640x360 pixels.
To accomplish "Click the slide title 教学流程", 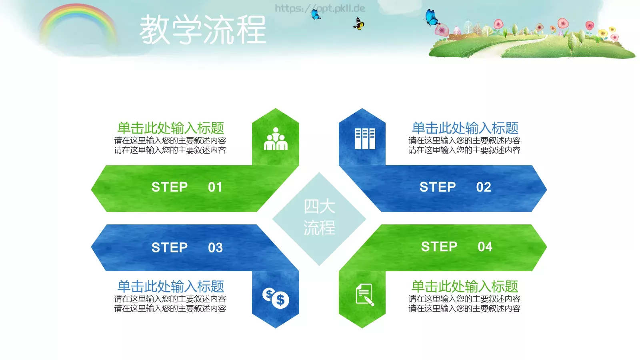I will (x=202, y=30).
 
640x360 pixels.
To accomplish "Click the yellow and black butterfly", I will (x=359, y=24).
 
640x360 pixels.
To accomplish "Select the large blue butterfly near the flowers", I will (x=431, y=18).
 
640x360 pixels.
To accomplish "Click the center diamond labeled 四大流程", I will (x=319, y=218).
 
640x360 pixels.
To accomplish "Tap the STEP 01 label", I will (x=186, y=187).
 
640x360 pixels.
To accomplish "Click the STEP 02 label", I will (x=455, y=187).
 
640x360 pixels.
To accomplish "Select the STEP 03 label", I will (x=186, y=248).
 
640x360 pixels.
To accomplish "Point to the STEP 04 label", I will (x=456, y=247).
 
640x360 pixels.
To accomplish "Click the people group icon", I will (x=276, y=139).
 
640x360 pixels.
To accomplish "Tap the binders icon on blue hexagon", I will (x=365, y=139).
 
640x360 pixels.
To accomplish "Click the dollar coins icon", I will (x=276, y=298).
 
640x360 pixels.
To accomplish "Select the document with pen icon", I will (x=364, y=295).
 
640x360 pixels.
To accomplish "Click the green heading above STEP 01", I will (x=170, y=128).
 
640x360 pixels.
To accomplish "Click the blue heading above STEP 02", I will (x=465, y=128).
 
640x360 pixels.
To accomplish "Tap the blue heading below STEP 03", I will (x=170, y=286).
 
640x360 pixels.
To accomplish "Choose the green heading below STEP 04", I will (x=465, y=286).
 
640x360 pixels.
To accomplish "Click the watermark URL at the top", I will (x=320, y=8).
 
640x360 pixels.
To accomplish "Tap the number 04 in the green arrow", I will (x=485, y=247).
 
